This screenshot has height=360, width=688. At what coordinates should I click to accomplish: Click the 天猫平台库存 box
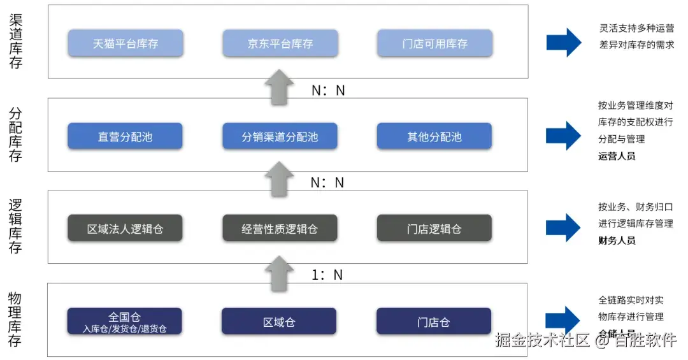pyautogui.click(x=125, y=44)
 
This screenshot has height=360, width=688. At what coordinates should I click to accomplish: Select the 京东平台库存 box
pyautogui.click(x=280, y=44)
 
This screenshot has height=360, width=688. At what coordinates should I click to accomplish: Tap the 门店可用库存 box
pyautogui.click(x=434, y=44)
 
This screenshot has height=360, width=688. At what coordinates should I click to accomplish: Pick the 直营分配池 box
pyautogui.click(x=125, y=136)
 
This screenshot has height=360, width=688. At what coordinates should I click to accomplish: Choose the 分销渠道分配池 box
pyautogui.click(x=280, y=136)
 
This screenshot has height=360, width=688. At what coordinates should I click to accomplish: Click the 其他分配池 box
pyautogui.click(x=434, y=136)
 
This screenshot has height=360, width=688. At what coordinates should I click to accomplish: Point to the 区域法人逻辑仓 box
pyautogui.click(x=125, y=228)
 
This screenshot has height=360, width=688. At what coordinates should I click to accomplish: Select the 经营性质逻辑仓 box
pyautogui.click(x=280, y=228)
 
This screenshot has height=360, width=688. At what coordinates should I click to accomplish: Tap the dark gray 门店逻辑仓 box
pyautogui.click(x=434, y=228)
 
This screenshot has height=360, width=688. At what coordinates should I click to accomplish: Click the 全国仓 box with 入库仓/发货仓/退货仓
pyautogui.click(x=125, y=321)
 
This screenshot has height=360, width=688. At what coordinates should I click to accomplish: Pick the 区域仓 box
pyautogui.click(x=279, y=321)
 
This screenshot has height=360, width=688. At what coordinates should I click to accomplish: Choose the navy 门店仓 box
pyautogui.click(x=434, y=321)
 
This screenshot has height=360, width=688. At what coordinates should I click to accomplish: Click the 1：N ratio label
pyautogui.click(x=327, y=275)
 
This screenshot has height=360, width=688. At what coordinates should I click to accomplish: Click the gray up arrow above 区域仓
pyautogui.click(x=279, y=273)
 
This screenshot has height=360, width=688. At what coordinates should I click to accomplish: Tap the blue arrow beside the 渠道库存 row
pyautogui.click(x=563, y=43)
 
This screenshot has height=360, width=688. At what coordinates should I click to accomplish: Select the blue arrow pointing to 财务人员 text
pyautogui.click(x=563, y=227)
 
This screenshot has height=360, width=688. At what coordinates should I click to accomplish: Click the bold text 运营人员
pyautogui.click(x=617, y=155)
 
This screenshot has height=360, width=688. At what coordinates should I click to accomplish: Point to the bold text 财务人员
pyautogui.click(x=617, y=240)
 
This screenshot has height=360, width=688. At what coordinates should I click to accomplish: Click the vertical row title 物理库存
pyautogui.click(x=15, y=319)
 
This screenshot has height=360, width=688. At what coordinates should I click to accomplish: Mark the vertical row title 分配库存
pyautogui.click(x=15, y=134)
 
